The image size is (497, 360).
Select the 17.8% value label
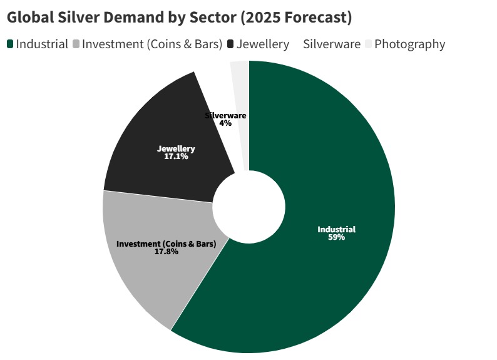tap(167, 252)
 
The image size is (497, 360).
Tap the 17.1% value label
tap(176, 157)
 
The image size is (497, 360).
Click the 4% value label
tap(225, 123)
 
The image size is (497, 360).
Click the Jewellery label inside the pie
tap(176, 149)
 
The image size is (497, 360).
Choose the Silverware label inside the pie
tap(225, 116)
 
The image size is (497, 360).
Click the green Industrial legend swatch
tap(11, 44)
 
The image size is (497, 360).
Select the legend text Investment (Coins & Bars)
tap(152, 44)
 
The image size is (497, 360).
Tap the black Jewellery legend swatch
tap(230, 44)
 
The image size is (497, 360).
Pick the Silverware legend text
tap(332, 44)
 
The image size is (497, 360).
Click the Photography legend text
tap(409, 44)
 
